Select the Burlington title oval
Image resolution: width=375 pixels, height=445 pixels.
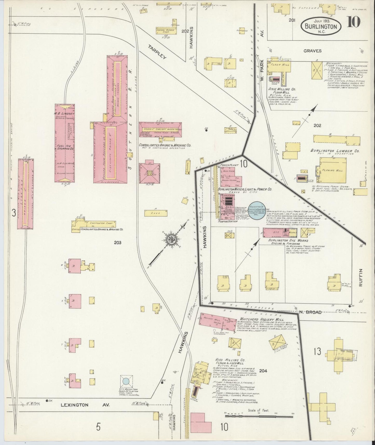(x=321, y=26)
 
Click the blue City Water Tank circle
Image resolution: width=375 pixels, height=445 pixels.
(x=126, y=381)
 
